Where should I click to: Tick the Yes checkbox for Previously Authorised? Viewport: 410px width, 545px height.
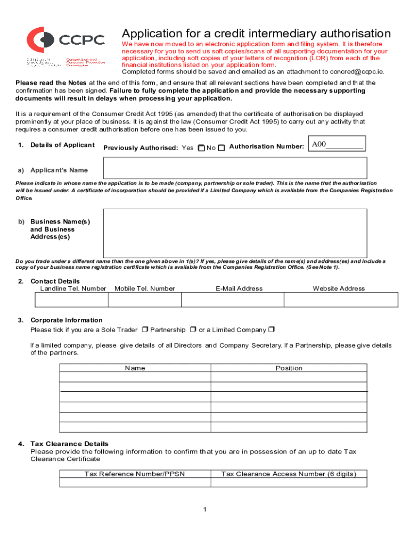coord(201,148)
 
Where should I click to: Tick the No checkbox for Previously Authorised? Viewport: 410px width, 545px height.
coord(222,148)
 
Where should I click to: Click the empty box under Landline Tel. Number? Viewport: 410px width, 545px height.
coord(71,300)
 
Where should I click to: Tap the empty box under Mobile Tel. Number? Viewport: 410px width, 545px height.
coord(145,300)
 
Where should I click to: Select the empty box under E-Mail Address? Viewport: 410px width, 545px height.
coord(233,300)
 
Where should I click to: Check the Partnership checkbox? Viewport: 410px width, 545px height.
coord(193,329)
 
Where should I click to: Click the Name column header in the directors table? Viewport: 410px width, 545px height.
coord(135,368)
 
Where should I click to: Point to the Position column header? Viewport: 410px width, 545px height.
coord(289,368)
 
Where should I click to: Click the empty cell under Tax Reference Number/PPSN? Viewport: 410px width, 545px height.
coord(135,483)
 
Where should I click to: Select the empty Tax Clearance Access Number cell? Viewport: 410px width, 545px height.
coord(289,483)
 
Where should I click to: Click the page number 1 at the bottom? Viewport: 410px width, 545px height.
coord(204,510)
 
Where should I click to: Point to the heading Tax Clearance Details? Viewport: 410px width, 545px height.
coord(69,443)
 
